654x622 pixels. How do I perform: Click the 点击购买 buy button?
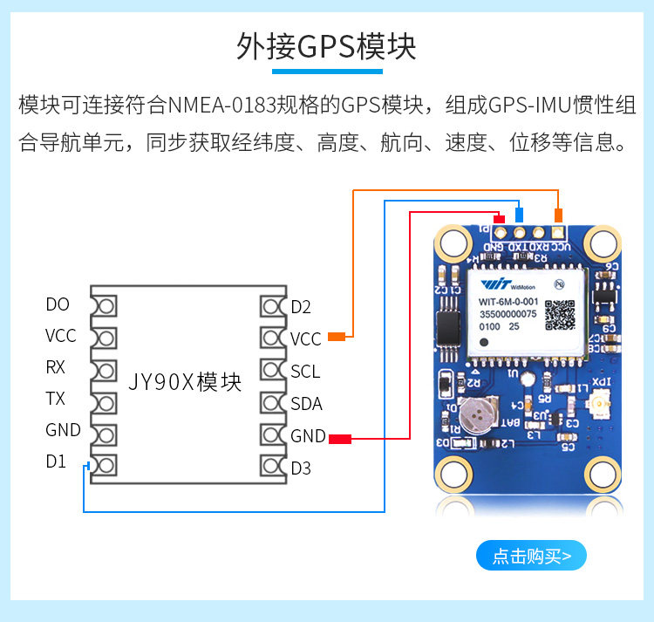pos(531,556)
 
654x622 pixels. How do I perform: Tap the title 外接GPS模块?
pos(326,46)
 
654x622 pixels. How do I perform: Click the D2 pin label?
pos(301,307)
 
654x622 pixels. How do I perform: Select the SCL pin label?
pos(305,372)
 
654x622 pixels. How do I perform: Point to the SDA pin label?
pos(306,404)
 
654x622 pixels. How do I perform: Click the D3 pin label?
pos(301,468)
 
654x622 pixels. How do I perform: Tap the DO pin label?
pos(58,304)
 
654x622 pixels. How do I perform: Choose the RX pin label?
pos(56,367)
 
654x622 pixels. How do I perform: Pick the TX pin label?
pos(56,399)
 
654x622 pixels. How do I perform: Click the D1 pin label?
pos(56,461)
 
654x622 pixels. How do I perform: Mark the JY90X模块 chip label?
pos(185,382)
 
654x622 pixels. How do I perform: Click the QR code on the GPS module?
pos(560,314)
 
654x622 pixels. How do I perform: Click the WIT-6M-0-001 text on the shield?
pos(511,303)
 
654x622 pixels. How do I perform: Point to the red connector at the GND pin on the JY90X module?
pos(340,438)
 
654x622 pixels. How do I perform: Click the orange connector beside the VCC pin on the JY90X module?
pos(336,336)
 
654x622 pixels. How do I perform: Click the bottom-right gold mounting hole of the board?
pos(601,475)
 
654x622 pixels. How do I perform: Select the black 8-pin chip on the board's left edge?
pos(448,326)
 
